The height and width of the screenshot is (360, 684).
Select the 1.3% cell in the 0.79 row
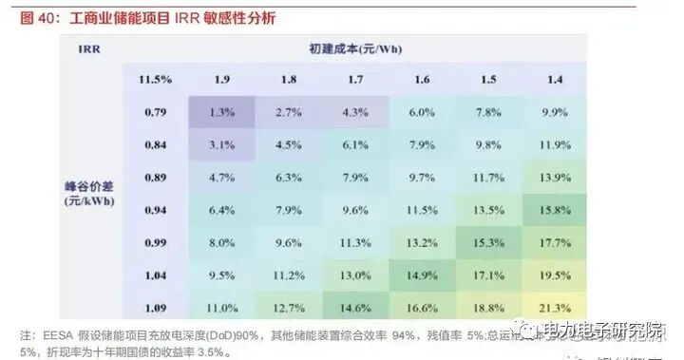(221, 112)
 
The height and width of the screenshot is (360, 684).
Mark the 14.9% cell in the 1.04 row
(421, 275)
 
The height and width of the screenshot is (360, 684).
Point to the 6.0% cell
(421, 112)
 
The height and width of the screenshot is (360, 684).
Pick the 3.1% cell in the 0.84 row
(221, 144)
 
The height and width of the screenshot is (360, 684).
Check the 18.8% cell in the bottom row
(487, 307)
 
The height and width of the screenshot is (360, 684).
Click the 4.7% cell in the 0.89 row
(221, 177)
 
